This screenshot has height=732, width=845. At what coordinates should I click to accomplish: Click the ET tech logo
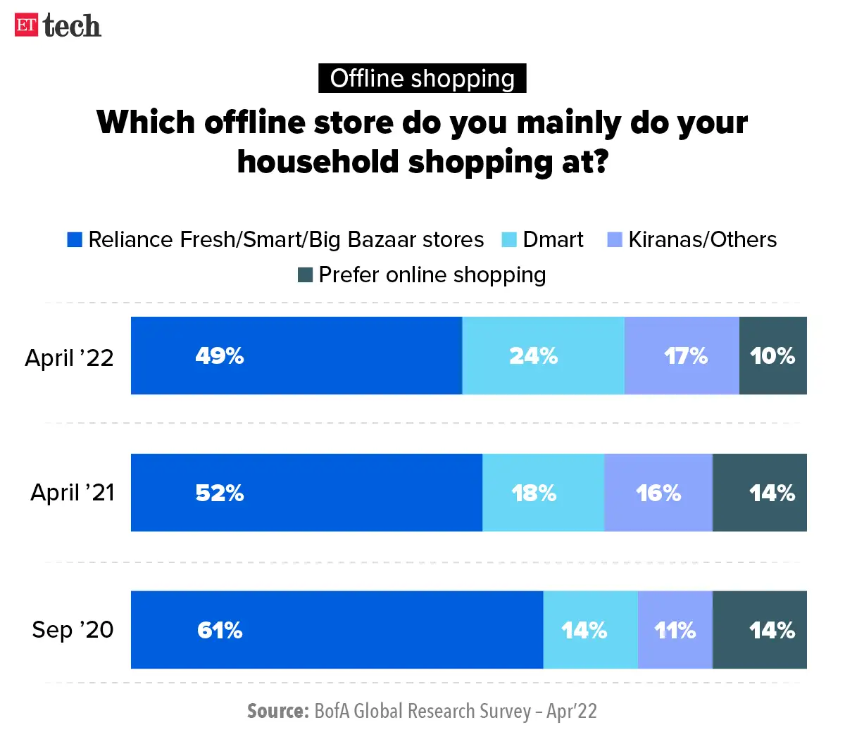[58, 26]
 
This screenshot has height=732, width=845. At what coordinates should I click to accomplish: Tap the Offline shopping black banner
[423, 78]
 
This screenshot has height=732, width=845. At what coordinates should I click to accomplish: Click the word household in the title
[318, 161]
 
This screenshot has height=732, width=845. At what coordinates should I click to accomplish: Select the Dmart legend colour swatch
[508, 240]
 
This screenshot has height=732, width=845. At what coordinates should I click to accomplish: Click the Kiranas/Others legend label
[702, 240]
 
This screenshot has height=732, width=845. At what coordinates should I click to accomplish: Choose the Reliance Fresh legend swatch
[75, 240]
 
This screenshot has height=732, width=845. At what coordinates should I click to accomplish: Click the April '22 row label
[69, 358]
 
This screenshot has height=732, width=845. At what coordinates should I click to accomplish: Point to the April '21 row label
[72, 492]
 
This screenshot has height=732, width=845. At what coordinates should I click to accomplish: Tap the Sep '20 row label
[73, 629]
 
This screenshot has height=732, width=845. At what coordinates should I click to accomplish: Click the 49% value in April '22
[220, 355]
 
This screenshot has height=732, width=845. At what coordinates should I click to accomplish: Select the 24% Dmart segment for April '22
[534, 355]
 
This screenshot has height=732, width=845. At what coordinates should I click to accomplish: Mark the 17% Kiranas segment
[685, 355]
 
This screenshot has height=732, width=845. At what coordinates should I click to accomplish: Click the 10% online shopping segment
[772, 355]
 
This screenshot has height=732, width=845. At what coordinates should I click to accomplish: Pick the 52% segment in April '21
[220, 493]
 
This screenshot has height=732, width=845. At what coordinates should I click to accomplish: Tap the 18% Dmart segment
[534, 493]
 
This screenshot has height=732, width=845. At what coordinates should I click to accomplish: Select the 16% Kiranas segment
[658, 493]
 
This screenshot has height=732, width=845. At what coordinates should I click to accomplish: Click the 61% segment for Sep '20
[220, 629]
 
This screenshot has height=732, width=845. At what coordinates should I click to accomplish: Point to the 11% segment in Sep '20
[675, 629]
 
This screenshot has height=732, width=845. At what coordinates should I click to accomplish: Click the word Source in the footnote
[277, 711]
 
